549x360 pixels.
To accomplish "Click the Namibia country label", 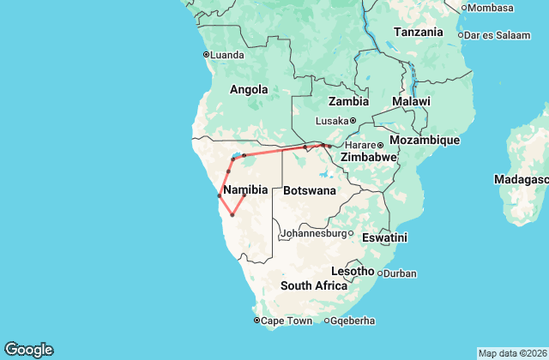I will pyautogui.click(x=246, y=189).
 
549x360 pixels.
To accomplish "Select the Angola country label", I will pyautogui.click(x=249, y=89).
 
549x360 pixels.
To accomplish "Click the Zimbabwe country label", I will pyautogui.click(x=368, y=158).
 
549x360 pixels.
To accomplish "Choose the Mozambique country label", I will pyautogui.click(x=425, y=140).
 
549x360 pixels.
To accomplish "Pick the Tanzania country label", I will pyautogui.click(x=418, y=33).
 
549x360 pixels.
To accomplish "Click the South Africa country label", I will pyautogui.click(x=313, y=285).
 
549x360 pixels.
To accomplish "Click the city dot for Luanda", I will pyautogui.click(x=205, y=55).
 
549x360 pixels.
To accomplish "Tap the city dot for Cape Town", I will pyautogui.click(x=256, y=321).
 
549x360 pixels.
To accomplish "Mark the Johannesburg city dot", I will pyautogui.click(x=351, y=232).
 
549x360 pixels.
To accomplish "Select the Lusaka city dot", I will pyautogui.click(x=353, y=120).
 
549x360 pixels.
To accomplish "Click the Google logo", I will pyautogui.click(x=28, y=349).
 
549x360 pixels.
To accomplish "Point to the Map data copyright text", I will pyautogui.click(x=511, y=353).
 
